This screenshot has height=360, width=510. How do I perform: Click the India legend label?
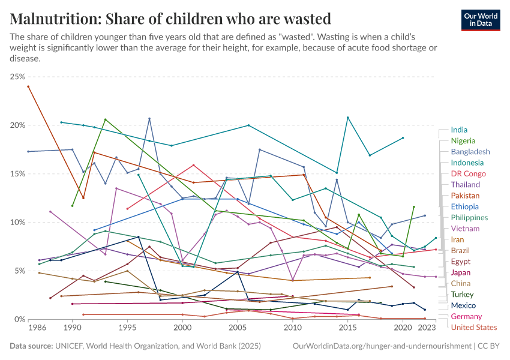(459, 130)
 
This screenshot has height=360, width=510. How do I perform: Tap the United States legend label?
(473, 327)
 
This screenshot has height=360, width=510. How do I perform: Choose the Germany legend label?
(466, 316)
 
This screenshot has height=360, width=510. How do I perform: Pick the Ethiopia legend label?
(464, 206)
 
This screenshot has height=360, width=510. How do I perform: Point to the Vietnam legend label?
(465, 229)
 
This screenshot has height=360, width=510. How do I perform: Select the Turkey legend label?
(462, 294)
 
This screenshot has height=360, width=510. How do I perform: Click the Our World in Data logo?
(481, 20)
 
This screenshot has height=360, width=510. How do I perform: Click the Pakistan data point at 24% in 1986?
(28, 86)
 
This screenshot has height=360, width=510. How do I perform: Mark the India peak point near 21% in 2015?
(347, 118)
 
